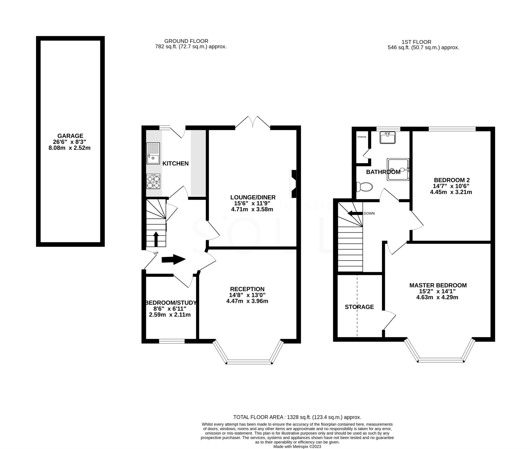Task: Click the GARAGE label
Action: pos(70,136)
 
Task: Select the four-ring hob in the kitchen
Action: pos(153,181)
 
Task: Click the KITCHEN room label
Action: pos(175,164)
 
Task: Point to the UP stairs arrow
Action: pos(156,239)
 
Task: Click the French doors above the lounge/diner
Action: pos(253,123)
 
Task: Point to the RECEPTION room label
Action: pos(247,289)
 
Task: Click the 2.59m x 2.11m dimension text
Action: pos(170,315)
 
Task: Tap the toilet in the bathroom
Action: pos(364,187)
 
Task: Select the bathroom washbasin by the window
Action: pos(387,137)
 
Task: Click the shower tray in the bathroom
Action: pos(398,169)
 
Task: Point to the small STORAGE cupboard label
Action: pos(361,137)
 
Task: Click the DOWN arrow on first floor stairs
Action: pos(355,213)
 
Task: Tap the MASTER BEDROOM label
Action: pos(438,285)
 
